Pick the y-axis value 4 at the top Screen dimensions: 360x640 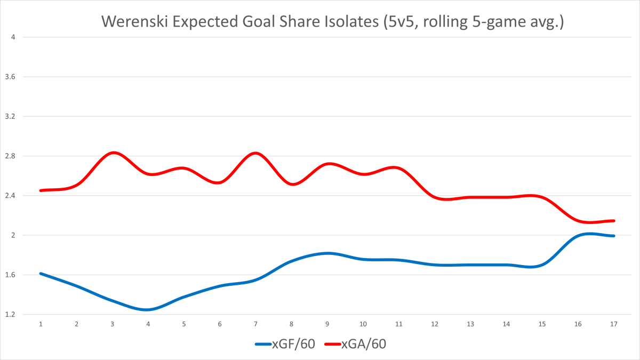[13, 37]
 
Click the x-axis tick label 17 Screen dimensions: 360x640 [614, 324]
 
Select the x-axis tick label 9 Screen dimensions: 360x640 [327, 324]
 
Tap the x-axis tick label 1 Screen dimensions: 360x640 [41, 324]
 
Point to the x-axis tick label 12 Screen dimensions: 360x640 [435, 324]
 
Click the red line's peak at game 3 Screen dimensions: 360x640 [113, 153]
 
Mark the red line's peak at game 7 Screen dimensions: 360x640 [256, 153]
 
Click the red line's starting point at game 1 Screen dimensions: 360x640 [41, 190]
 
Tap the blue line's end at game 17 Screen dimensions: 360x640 [614, 236]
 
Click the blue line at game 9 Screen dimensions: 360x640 [327, 253]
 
